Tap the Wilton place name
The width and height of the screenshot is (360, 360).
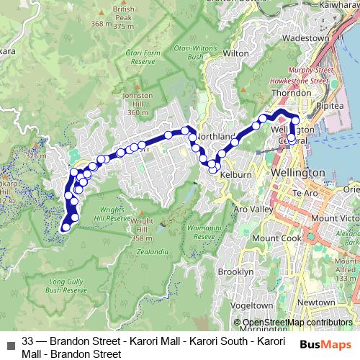coord(236,53)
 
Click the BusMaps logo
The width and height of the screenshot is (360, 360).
coord(326,344)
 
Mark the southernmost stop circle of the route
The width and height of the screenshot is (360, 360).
coord(66,228)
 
